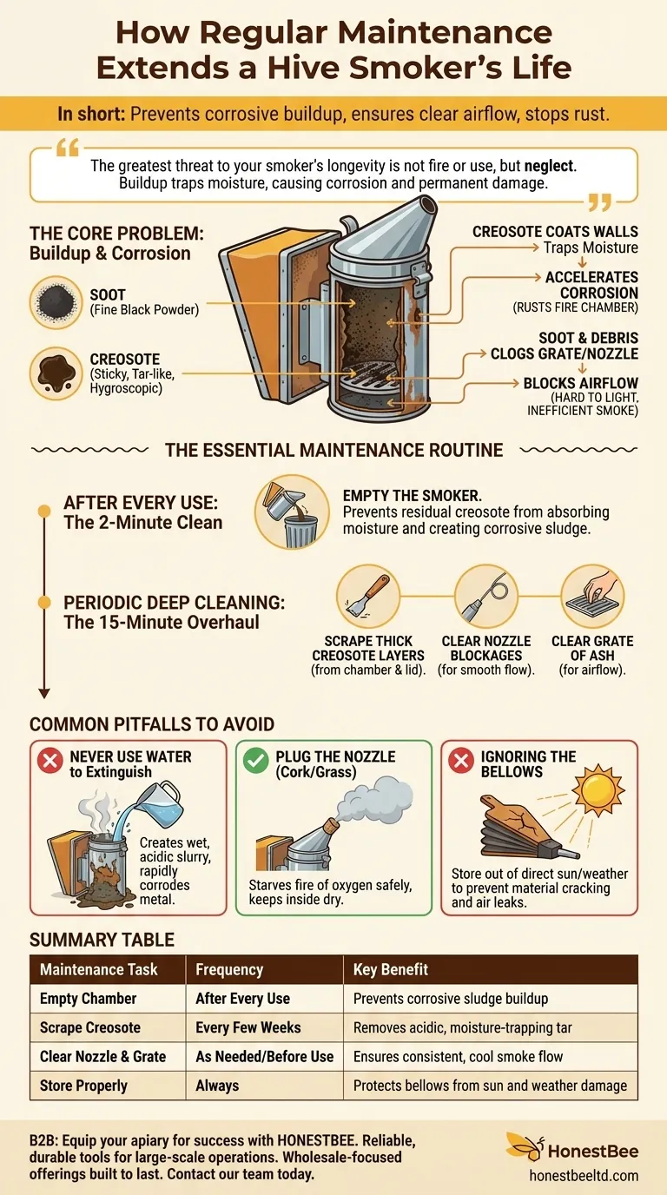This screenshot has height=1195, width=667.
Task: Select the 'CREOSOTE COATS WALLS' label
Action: point(555,232)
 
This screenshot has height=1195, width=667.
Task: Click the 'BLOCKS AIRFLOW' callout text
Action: point(580,383)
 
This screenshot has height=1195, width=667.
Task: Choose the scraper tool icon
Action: point(367,597)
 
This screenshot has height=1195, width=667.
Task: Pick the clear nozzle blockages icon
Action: point(486,597)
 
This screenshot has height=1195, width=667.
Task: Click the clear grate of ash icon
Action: point(592,597)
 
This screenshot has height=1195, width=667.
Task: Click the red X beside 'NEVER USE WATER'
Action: point(50,763)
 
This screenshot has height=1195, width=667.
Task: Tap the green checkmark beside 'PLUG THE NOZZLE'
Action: point(256,763)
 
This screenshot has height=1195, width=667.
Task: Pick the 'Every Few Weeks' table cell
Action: point(248,1027)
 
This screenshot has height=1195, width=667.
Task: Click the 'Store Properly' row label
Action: point(83,1086)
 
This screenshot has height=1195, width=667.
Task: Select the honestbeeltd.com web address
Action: point(584,1175)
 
